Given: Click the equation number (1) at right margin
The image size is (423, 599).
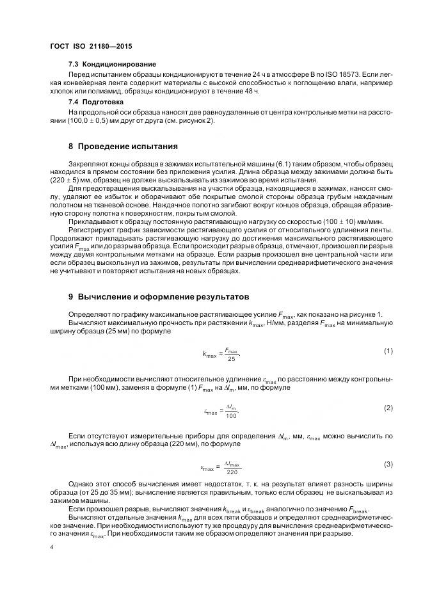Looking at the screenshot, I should pyautogui.click(x=387, y=351).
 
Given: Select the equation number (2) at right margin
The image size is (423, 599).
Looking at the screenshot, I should pyautogui.click(x=387, y=408).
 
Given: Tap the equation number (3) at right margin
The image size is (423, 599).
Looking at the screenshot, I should pyautogui.click(x=387, y=463).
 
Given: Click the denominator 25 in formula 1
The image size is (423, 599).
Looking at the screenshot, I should pyautogui.click(x=231, y=359).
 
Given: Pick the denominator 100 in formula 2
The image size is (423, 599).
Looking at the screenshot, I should pyautogui.click(x=230, y=416).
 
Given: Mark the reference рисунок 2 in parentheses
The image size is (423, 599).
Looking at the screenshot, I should pyautogui.click(x=199, y=120).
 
